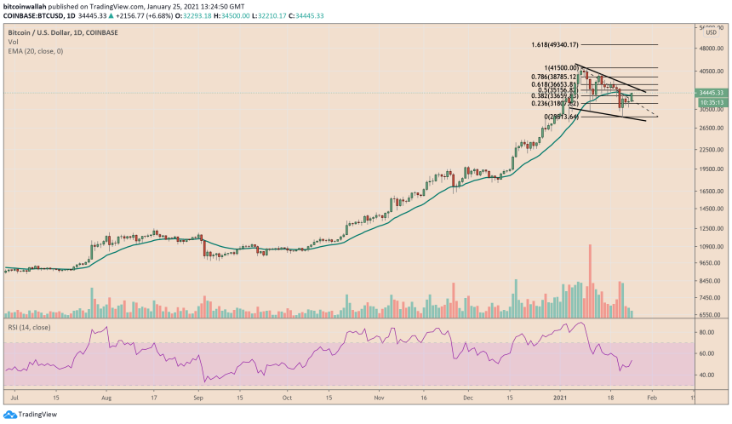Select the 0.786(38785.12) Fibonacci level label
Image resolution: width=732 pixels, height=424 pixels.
pos(554,77)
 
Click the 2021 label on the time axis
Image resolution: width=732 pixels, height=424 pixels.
pos(561,397)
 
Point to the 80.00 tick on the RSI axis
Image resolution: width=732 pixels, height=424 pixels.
pos(706,332)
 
